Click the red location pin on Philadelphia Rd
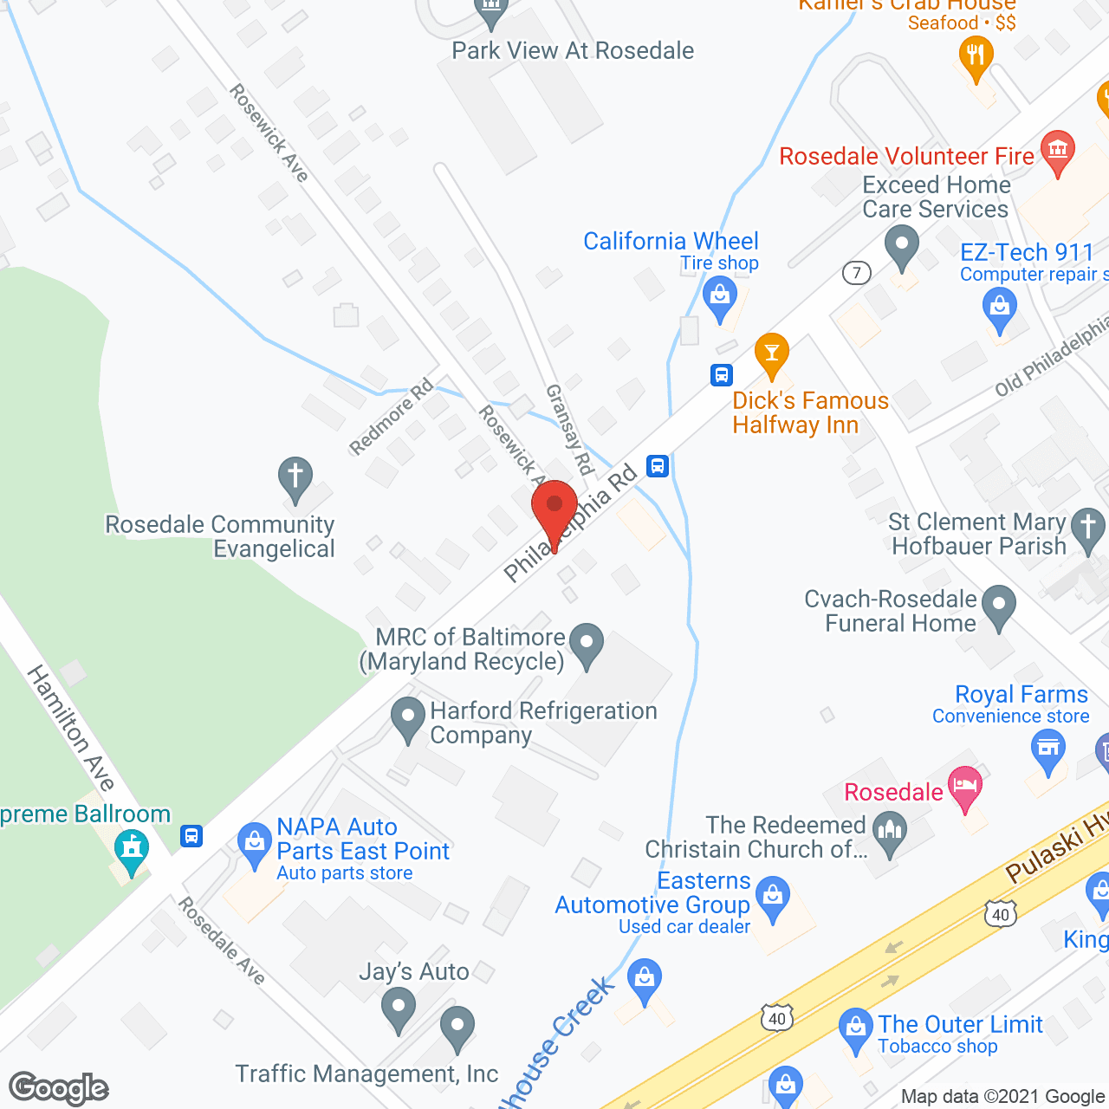[554, 508]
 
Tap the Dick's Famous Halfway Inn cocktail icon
[771, 354]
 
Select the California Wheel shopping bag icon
[719, 297]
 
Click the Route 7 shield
[856, 274]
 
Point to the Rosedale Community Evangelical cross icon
[295, 477]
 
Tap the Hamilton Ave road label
[71, 728]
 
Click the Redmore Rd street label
[391, 417]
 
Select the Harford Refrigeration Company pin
[407, 719]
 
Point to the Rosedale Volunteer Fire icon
[1057, 151]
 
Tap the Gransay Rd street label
[569, 430]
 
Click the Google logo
[59, 1088]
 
